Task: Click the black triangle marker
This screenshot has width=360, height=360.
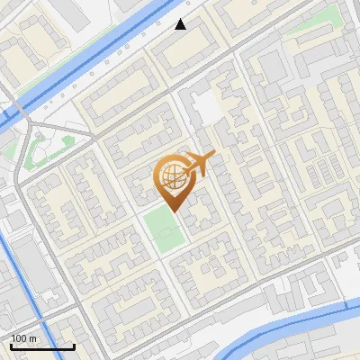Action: [181, 23]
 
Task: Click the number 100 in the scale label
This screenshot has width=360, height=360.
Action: [18, 338]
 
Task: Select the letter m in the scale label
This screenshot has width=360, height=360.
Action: [31, 338]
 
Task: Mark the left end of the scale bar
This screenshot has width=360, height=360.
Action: [11, 346]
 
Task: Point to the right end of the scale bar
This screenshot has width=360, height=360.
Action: [74, 346]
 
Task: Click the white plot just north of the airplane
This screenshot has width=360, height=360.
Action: [207, 108]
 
